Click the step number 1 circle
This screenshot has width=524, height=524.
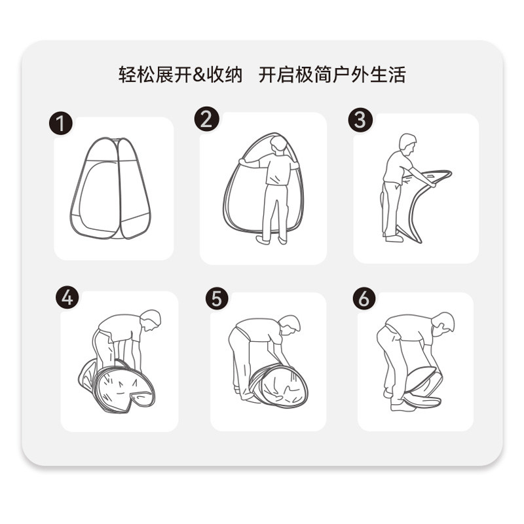coord(61,123)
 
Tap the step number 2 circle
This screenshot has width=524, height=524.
coord(206,119)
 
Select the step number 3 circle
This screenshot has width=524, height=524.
coord(360,120)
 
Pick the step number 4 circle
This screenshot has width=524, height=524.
coord(67,297)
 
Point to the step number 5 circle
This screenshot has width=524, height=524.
coord(217,298)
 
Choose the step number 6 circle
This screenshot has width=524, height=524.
coord(364,298)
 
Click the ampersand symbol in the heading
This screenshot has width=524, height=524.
coord(199,75)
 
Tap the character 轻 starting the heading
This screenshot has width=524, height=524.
coord(127,75)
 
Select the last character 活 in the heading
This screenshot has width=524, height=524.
coord(397,75)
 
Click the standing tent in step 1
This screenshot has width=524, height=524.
coord(111,188)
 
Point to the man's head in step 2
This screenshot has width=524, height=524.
coord(279,144)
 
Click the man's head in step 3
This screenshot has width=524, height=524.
coord(407,143)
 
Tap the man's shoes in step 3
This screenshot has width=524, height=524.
coord(394,238)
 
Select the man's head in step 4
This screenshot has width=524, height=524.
coord(151,320)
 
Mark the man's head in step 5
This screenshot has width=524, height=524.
coord(290,324)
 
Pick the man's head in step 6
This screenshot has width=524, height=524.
coord(443,322)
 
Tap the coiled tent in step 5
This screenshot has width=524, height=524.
coord(279,386)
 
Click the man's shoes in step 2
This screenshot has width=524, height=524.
coord(271,239)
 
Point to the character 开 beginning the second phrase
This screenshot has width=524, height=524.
coord(268,75)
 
